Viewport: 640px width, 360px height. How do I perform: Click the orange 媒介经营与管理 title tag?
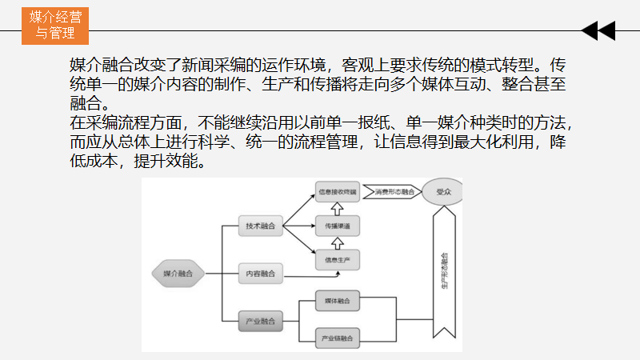click(55, 25)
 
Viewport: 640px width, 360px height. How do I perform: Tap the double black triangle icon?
click(598, 31)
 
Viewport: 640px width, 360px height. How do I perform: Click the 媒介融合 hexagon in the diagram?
click(177, 274)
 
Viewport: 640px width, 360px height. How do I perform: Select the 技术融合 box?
click(261, 227)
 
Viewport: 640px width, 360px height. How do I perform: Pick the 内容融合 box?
click(261, 274)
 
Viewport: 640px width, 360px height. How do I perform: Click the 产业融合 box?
click(261, 322)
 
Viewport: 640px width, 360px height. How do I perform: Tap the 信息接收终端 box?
click(337, 192)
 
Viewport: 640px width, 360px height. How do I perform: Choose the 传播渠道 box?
click(337, 226)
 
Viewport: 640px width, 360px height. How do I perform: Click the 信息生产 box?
click(337, 260)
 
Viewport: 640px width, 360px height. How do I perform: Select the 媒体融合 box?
click(337, 301)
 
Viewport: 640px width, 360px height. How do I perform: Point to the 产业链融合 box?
click(337, 338)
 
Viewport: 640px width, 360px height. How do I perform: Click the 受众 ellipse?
click(442, 193)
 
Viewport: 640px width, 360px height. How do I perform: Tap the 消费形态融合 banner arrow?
click(391, 192)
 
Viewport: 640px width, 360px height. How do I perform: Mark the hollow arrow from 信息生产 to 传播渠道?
click(337, 243)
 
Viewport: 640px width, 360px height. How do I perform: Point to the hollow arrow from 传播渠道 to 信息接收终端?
click(337, 209)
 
